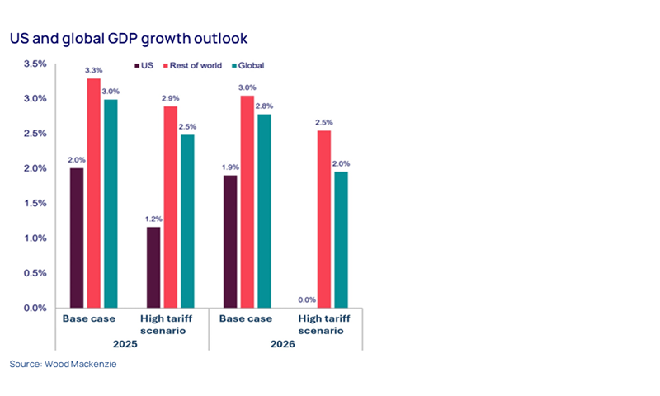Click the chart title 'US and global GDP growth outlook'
128,38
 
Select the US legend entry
145,65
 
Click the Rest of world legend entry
198,65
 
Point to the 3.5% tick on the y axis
35,64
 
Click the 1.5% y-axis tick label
35,203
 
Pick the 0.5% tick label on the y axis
35,273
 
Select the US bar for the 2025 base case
78,238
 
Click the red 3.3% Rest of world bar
93,193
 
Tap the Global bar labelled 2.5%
187,220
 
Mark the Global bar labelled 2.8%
263,210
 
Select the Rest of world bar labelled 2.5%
323,219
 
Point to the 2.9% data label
169,98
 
